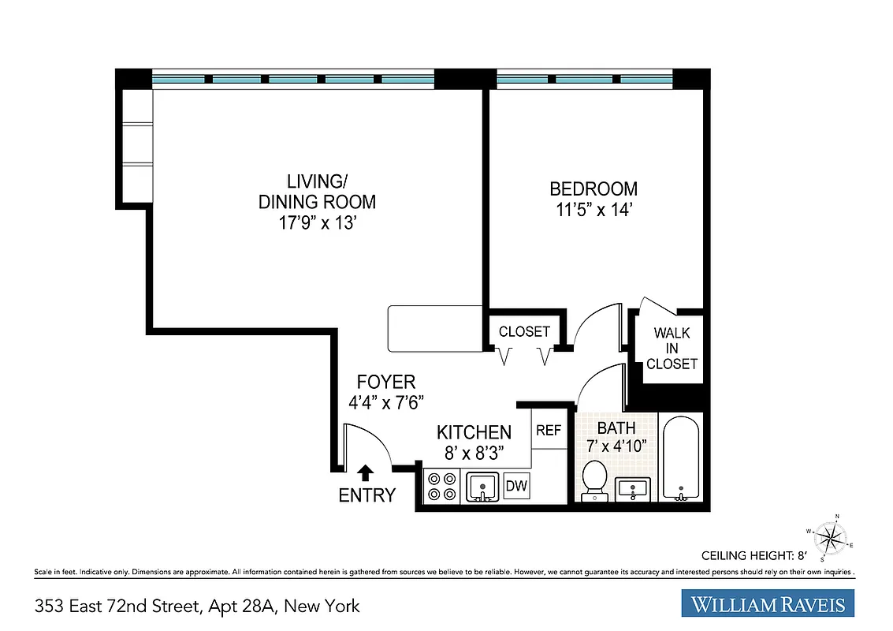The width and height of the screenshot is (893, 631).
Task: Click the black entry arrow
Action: pos(365,472)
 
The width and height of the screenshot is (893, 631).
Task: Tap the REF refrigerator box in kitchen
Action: pos(549,431)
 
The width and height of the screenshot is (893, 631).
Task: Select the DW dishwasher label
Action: pos(516,486)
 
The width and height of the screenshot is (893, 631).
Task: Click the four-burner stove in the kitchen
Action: pos(442,487)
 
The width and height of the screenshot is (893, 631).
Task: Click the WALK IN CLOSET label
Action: pos(675,349)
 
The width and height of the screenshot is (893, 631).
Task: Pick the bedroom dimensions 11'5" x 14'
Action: pos(593,211)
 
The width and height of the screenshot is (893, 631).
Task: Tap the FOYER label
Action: pos(385,383)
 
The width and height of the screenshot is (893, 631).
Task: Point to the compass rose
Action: pos(828,538)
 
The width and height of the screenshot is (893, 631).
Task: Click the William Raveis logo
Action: pos(768,605)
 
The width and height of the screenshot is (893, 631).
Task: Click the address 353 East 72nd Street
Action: pos(197,607)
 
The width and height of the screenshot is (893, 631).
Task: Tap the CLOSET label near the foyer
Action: pos(524,332)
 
